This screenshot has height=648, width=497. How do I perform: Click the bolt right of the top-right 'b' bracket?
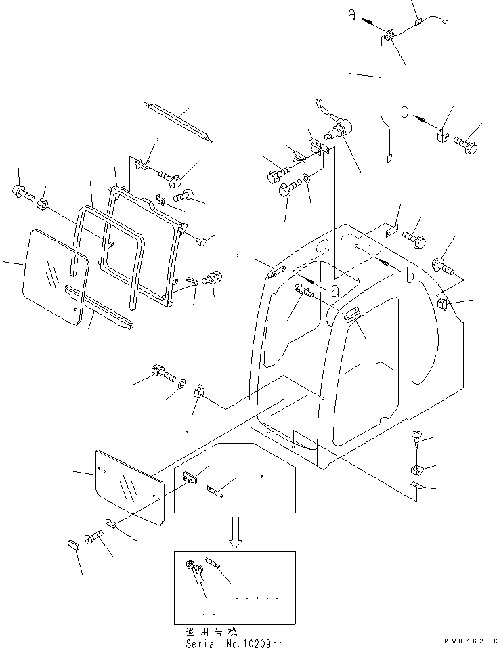coord(466,144)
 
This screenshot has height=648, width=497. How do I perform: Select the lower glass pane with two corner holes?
coord(130,487)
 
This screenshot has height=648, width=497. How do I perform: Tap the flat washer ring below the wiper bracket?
coord(307,178)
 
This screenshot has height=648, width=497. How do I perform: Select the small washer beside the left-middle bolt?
coord(181,385)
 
